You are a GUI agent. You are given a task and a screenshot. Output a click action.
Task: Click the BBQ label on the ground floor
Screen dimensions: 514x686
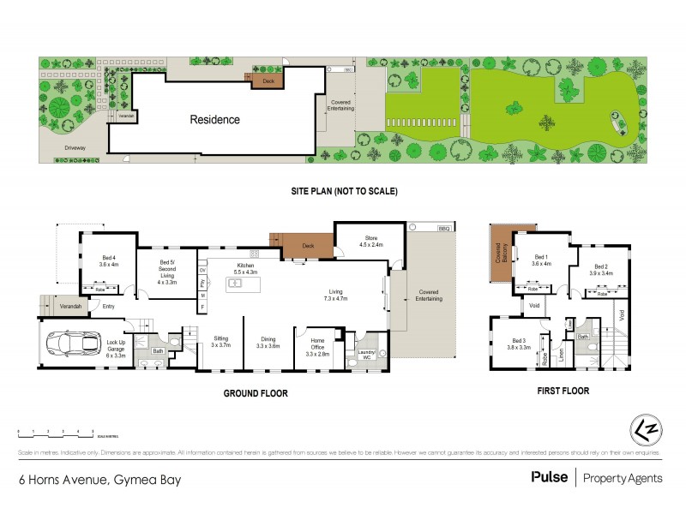pyautogui.click(x=443, y=227)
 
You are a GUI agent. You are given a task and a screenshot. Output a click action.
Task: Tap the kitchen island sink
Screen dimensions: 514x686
pyautogui.click(x=236, y=282)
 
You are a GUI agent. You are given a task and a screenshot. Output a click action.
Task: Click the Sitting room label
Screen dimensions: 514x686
pyautogui.click(x=220, y=343)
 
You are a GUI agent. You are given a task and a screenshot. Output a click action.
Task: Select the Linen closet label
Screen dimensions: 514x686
pyautogui.click(x=562, y=353)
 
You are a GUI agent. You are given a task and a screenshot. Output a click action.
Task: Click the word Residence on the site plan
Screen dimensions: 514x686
pyautogui.click(x=214, y=119)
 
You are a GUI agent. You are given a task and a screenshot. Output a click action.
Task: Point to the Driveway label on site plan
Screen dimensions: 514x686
pyautogui.click(x=75, y=148)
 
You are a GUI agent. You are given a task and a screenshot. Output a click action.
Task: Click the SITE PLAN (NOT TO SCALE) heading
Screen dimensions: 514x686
pyautogui.click(x=342, y=190)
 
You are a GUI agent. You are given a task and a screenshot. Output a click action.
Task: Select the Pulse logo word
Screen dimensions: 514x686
pyautogui.click(x=550, y=477)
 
